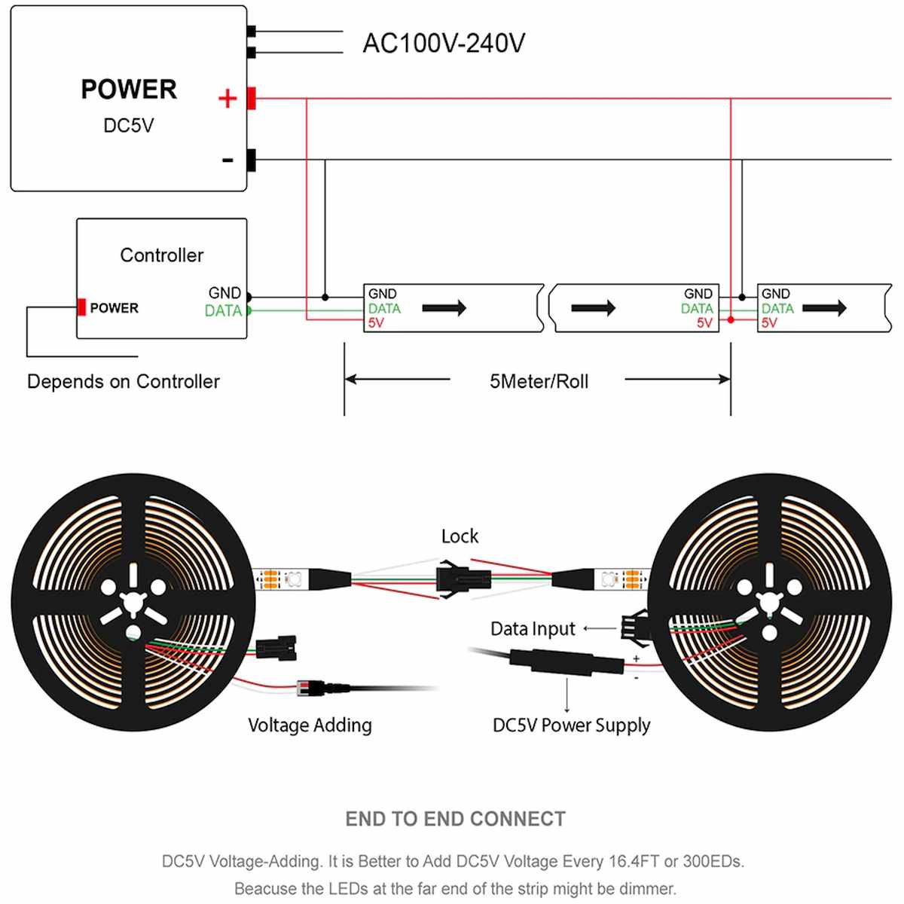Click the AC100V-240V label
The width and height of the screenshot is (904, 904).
click(x=444, y=43)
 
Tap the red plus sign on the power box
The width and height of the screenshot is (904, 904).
click(x=227, y=99)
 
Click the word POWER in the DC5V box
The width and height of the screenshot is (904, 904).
click(x=129, y=90)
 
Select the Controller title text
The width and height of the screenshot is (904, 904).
click(x=161, y=255)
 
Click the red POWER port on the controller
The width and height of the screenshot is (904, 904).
click(x=81, y=307)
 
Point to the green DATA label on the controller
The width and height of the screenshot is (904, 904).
click(x=223, y=310)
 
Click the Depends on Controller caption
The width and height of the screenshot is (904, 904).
click(x=123, y=382)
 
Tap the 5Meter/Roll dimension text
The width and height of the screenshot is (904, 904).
click(x=539, y=381)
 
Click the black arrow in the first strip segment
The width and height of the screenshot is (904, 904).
click(x=444, y=307)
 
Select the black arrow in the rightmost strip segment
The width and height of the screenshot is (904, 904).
click(x=824, y=307)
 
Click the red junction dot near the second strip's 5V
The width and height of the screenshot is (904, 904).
click(x=731, y=320)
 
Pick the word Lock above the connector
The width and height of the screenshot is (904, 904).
click(x=460, y=536)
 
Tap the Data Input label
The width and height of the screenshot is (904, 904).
click(x=533, y=629)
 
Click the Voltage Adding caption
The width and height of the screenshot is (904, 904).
click(x=310, y=725)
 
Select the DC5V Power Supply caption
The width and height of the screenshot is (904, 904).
click(x=571, y=725)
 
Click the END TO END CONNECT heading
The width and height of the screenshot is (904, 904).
click(x=455, y=819)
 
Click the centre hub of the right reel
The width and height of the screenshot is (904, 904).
click(x=769, y=603)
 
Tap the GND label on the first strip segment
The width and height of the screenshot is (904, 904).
click(x=382, y=294)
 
